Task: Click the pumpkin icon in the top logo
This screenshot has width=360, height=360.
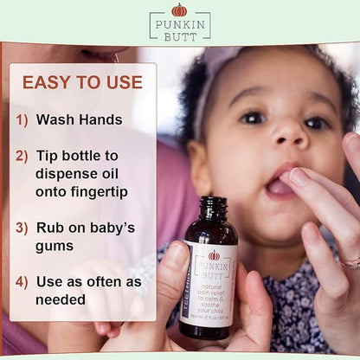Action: tap(179, 10)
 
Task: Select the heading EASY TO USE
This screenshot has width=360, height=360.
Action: tap(82, 82)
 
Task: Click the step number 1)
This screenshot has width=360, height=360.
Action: tap(23, 120)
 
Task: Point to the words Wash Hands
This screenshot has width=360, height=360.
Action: tap(78, 120)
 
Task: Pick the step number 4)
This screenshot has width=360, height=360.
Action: tap(23, 281)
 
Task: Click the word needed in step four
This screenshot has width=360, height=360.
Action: tap(61, 300)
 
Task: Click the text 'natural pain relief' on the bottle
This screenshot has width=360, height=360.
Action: tap(216, 278)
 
